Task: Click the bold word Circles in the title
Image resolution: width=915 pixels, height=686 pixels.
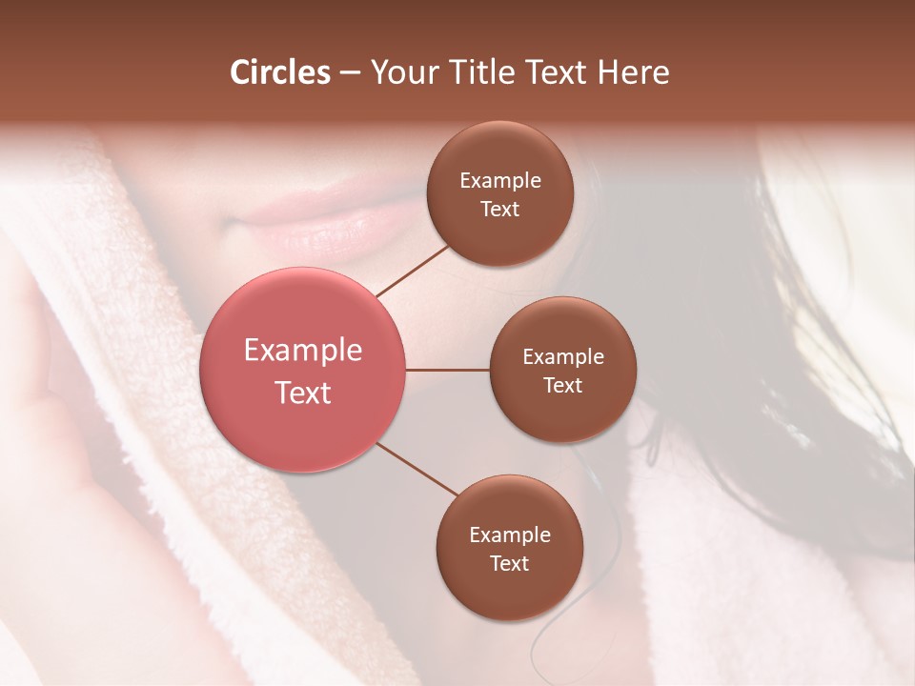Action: click(279, 72)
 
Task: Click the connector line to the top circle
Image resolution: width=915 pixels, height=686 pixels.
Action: click(413, 271)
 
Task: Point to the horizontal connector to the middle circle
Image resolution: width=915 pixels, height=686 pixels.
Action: click(448, 370)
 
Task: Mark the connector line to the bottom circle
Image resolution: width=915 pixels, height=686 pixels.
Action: click(417, 469)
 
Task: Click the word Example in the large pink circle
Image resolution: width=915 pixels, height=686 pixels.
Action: click(303, 351)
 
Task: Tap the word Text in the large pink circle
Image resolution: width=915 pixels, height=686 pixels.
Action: click(303, 393)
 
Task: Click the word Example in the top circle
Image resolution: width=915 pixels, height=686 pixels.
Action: click(500, 181)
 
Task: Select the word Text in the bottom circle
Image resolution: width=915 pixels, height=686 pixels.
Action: click(510, 564)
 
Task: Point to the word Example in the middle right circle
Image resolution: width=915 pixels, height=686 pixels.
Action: click(563, 357)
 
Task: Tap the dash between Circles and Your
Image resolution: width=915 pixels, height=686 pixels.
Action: click(350, 73)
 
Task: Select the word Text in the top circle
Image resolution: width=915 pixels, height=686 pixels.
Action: click(500, 210)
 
